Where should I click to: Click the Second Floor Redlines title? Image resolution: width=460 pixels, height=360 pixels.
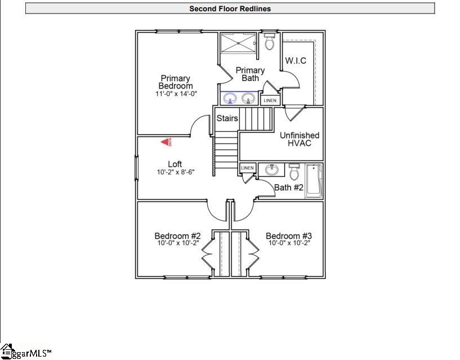click(230, 8)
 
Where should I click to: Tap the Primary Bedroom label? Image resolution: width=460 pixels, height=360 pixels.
click(175, 82)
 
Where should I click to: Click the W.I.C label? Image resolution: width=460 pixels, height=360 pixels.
click(296, 61)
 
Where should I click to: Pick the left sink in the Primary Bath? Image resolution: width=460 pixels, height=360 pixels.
click(230, 99)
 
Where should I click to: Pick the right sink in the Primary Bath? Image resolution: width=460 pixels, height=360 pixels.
click(248, 99)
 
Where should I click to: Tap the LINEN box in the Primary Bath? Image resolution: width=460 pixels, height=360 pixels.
click(270, 100)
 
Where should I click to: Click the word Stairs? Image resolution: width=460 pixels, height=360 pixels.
click(227, 119)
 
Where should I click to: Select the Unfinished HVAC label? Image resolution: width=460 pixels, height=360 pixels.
click(299, 139)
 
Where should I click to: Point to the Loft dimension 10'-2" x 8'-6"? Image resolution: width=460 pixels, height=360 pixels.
click(175, 172)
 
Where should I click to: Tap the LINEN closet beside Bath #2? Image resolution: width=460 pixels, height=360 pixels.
click(247, 168)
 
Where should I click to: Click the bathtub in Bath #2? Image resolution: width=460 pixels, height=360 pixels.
click(314, 180)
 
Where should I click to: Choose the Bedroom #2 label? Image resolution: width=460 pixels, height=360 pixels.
click(177, 235)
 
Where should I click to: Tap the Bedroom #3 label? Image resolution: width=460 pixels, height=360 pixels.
click(288, 235)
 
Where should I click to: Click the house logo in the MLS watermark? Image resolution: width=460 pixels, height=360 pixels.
click(7, 350)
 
